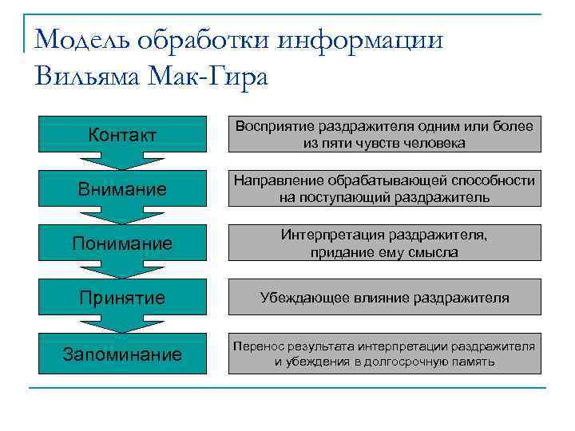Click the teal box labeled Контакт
coord(122,134)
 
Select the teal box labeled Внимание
coord(122,189)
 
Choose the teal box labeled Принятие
coord(122,298)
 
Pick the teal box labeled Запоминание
coord(122,354)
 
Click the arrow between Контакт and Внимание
coord(122,161)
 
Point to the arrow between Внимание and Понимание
coord(122,216)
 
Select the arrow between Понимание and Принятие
coord(122,271)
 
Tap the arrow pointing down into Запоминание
coord(122,325)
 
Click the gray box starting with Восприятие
coord(384,134)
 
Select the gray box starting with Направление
coord(384,189)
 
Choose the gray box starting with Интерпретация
coord(384,243)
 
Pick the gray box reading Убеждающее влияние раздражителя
coord(384,298)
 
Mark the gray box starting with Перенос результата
coord(384,354)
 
